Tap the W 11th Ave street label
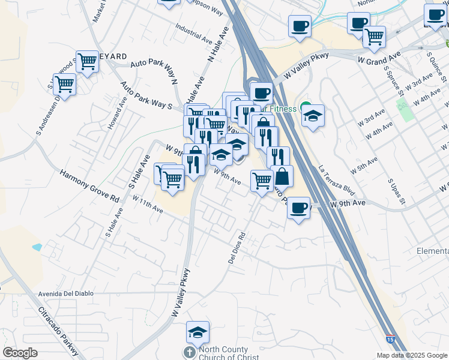[x=148, y=205]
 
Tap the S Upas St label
[x=394, y=190]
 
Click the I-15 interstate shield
[x=391, y=340]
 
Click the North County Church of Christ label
[x=223, y=353]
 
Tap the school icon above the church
[x=197, y=331]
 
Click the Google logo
[x=20, y=353]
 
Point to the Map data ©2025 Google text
[x=411, y=355]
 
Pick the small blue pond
[x=37, y=247]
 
